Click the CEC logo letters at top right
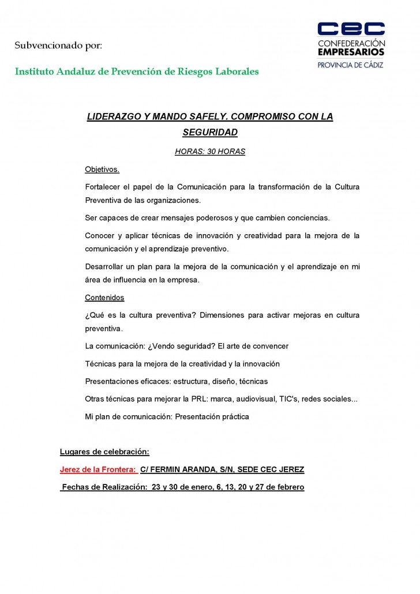351,29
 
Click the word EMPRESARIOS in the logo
351,52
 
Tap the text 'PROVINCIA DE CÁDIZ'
351,65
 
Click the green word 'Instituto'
34,72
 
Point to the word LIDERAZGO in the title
112,116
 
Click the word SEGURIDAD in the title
210,133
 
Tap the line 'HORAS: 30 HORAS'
210,152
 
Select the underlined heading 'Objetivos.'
102,170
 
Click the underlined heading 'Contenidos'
104,298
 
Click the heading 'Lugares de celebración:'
104,452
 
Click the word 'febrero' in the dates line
290,487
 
